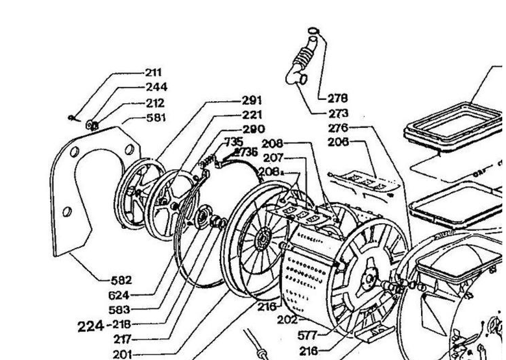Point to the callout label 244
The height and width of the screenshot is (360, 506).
156,87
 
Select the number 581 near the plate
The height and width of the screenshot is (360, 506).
156,118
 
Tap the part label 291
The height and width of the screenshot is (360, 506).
252,101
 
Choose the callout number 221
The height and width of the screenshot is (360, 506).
252,115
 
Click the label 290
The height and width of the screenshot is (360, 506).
254,129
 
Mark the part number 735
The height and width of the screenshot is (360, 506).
234,141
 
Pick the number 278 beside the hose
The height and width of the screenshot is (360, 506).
337,98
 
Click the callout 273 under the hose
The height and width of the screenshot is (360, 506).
337,113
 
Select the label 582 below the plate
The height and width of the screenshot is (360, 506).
121,280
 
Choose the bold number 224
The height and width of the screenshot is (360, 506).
91,326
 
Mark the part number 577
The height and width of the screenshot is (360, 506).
307,336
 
